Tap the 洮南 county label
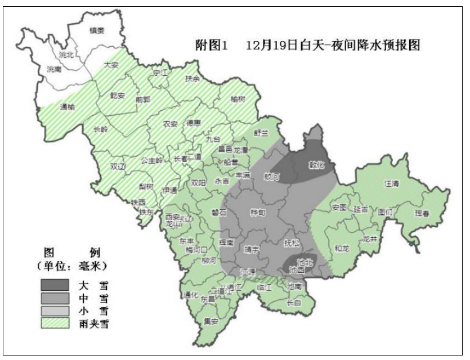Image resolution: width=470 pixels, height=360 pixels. click(x=55, y=69)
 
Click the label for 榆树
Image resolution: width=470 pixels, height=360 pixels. click(x=238, y=99)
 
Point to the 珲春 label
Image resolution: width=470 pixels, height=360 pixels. click(x=423, y=214)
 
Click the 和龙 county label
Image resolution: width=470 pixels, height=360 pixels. click(x=341, y=247)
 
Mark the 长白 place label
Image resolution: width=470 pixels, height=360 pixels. click(x=294, y=303)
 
